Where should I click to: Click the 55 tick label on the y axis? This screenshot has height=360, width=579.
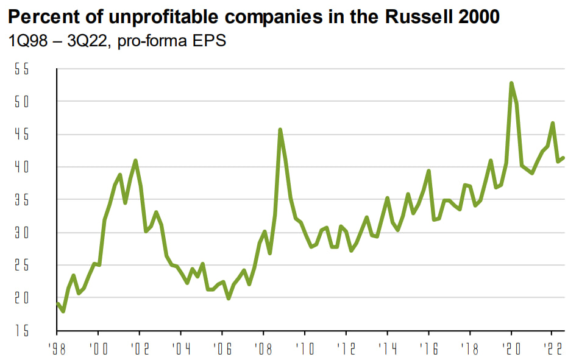click(22, 69)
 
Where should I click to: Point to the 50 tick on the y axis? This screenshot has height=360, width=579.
click(22, 102)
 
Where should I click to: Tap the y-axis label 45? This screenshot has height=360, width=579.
click(22, 135)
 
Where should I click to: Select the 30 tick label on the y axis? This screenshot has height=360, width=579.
click(22, 233)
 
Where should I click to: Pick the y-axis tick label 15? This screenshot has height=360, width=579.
click(22, 331)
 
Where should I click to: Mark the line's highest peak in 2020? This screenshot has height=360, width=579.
click(511, 83)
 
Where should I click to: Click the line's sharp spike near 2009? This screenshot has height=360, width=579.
click(280, 129)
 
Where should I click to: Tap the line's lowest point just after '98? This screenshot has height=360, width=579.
click(63, 311)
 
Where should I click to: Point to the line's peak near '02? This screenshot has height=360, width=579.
click(135, 160)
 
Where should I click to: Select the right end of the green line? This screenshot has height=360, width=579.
click(563, 158)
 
